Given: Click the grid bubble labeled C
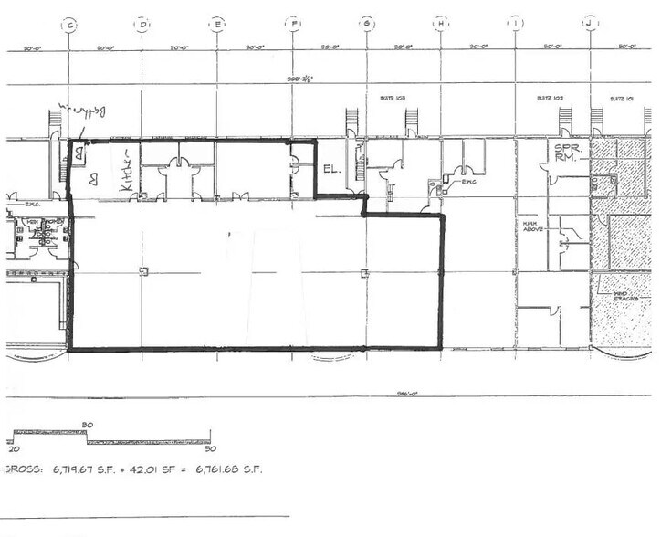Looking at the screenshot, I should pos(67,25).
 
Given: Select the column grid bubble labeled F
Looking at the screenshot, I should pos(291,25).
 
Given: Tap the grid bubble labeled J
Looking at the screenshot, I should pos(591,25).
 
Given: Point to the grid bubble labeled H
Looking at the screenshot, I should pos(441,25).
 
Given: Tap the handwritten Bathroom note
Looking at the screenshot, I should pos(83,112).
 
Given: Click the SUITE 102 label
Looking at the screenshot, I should pos(551,96).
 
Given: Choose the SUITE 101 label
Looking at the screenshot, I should pos(623,96).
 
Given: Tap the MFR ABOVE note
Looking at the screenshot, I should pos(533,226).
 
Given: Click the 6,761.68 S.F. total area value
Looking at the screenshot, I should pos(226,469).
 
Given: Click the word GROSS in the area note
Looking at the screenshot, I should pos(20,469).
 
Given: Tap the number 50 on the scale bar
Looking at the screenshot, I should pos(210,448).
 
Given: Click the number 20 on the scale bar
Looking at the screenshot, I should pos(13,448).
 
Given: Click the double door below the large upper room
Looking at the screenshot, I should pos(241,196).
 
